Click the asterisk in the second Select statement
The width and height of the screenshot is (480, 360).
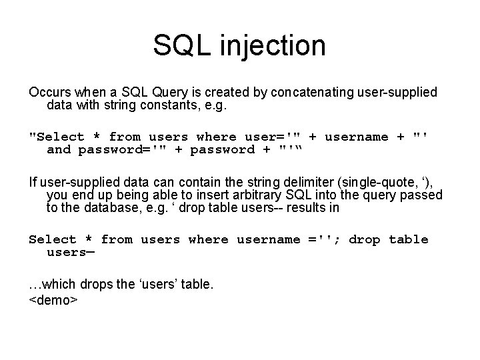tap(89, 239)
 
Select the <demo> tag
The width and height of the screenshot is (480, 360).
tap(54, 299)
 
